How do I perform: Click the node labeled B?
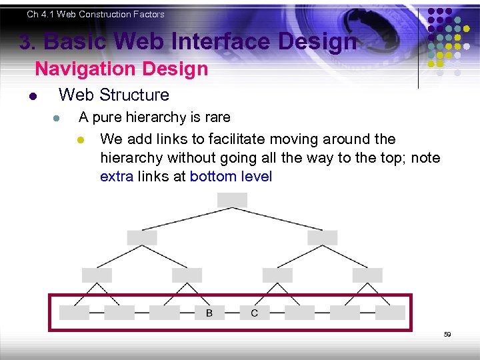[209, 313]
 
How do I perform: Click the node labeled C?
[255, 313]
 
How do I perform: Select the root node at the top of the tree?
[232, 200]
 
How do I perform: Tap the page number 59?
[447, 335]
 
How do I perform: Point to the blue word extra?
[117, 177]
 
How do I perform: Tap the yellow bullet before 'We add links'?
[80, 140]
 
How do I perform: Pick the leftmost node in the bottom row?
[74, 313]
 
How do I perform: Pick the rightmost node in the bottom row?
[390, 313]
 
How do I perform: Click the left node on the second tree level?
[142, 237]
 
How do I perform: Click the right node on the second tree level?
[323, 237]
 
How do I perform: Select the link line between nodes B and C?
[232, 313]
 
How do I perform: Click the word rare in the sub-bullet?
[218, 117]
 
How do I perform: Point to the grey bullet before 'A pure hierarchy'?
[57, 119]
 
